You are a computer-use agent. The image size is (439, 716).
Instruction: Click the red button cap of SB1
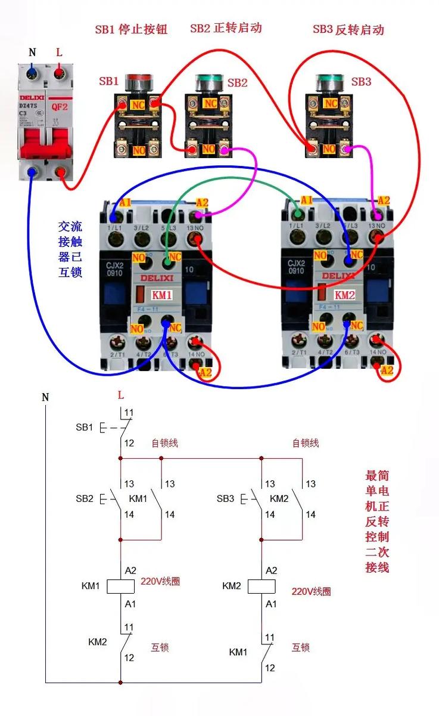(x=139, y=78)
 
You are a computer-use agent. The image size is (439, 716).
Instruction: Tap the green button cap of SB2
(x=209, y=78)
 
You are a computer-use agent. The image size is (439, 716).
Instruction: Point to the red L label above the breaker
(x=59, y=53)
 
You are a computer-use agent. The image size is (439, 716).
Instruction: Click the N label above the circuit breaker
(x=32, y=53)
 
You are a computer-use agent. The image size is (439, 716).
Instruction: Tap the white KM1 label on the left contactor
(x=161, y=295)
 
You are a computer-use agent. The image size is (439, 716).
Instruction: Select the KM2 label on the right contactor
(x=344, y=295)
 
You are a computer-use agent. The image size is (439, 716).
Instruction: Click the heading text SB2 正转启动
(x=226, y=28)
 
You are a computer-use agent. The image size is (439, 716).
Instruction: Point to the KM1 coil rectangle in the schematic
(x=121, y=587)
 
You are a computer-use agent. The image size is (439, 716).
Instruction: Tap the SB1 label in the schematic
(x=84, y=427)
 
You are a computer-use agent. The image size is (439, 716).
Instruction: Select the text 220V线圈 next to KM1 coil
(x=160, y=581)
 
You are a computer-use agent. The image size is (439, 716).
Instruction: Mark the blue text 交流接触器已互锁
(x=70, y=249)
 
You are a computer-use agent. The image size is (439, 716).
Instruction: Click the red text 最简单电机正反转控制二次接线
(x=376, y=521)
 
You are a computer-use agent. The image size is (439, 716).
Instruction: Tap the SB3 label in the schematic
(x=225, y=498)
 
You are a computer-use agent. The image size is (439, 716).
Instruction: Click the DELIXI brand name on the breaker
(x=32, y=96)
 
